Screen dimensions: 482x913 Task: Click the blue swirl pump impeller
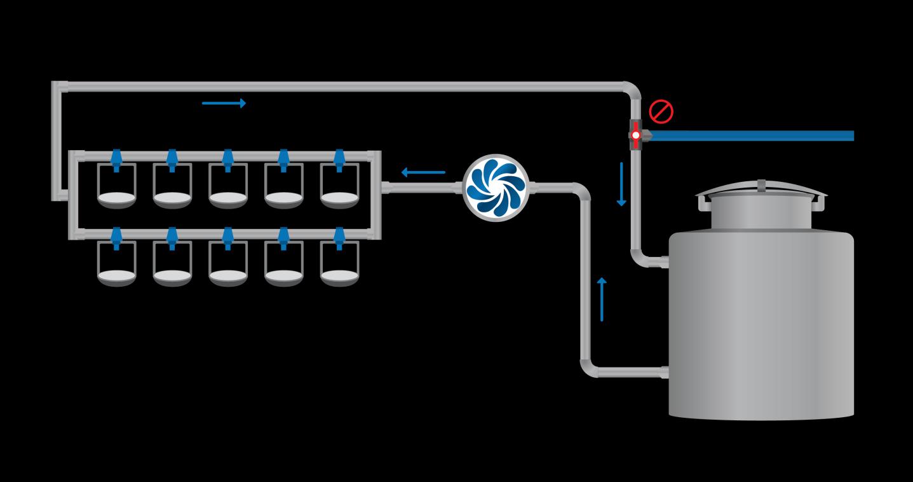(496, 187)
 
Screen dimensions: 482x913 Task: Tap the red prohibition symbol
(661, 112)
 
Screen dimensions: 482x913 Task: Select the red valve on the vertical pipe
(635, 135)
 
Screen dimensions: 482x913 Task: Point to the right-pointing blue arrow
(224, 103)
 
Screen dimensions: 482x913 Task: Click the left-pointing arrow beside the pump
(423, 172)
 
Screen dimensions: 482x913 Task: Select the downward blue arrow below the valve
(621, 184)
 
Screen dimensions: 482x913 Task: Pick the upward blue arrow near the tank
(602, 299)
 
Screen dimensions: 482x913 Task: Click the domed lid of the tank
(761, 189)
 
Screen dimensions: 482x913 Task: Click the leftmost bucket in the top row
(116, 186)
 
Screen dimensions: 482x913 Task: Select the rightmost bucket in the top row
(340, 186)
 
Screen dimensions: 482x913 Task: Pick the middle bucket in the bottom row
(228, 264)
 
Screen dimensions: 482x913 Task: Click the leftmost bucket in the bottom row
(116, 264)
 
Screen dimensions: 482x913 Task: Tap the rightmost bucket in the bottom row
(340, 264)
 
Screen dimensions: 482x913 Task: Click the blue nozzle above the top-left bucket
(116, 159)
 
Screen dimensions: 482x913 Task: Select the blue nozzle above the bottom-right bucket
(340, 237)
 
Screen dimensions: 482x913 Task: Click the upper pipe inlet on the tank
(665, 261)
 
